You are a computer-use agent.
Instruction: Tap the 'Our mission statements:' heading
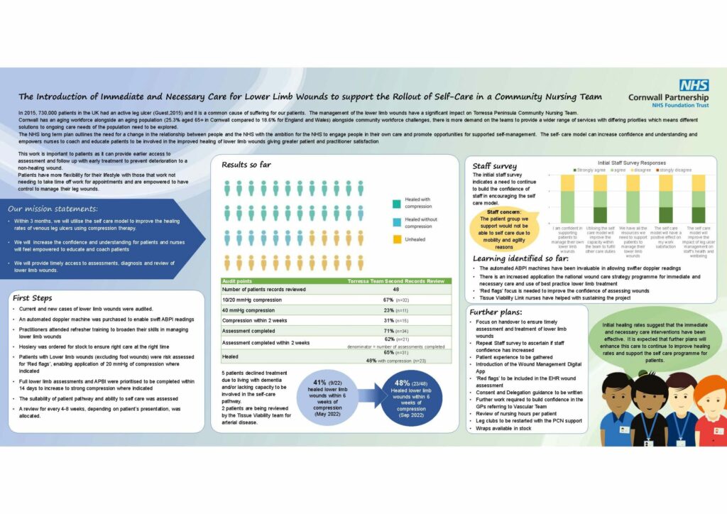(x=53, y=209)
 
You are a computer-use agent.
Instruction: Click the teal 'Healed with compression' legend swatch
(x=395, y=204)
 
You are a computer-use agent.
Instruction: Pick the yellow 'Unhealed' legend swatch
(x=395, y=240)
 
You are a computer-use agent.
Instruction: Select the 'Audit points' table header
(x=240, y=281)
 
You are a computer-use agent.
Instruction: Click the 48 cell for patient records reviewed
(x=395, y=290)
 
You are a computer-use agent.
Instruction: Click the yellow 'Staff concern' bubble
(x=503, y=227)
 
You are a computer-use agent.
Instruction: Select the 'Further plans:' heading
(x=495, y=312)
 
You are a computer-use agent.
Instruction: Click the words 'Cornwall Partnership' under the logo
(x=668, y=97)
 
